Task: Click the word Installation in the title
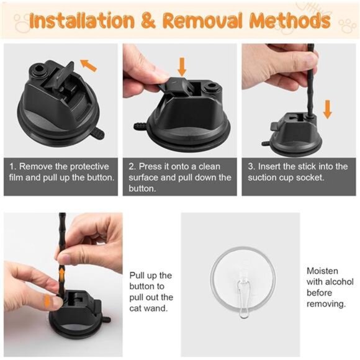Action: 82,20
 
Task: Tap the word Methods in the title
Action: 290,20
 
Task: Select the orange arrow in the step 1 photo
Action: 88,65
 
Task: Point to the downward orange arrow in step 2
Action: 182,67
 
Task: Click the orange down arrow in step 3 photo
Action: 327,109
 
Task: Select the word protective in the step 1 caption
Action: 89,166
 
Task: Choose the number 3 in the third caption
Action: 251,166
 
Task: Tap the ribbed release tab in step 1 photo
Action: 98,133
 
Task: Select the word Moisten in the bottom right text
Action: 322,271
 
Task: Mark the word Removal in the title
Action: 203,20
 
